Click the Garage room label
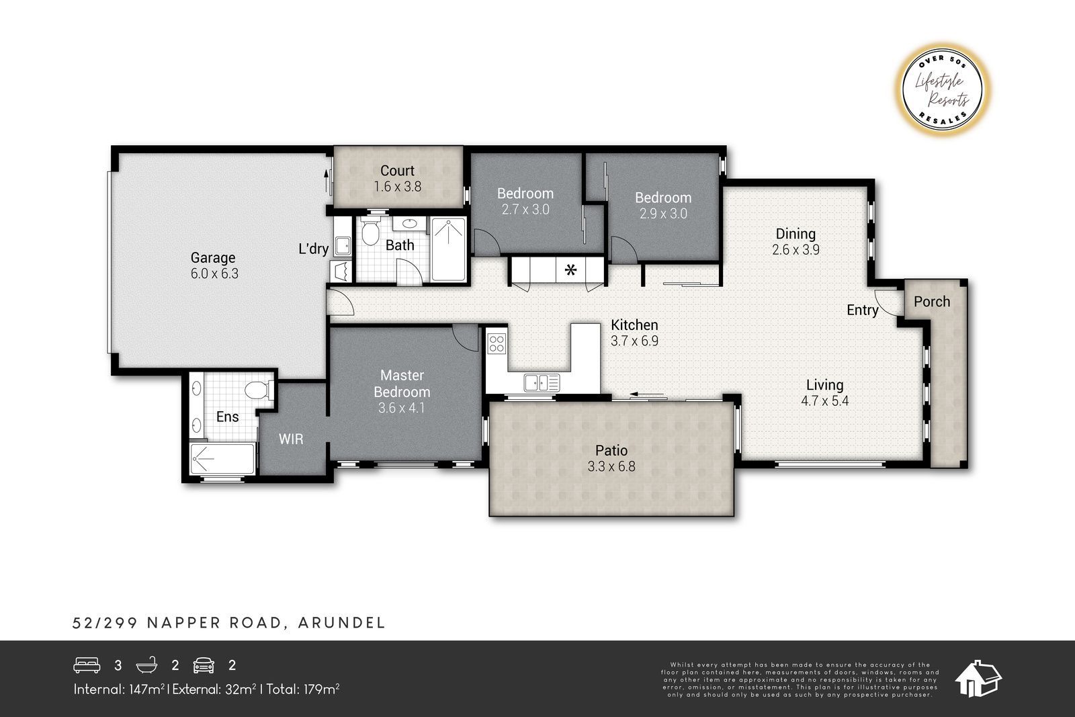click(213, 258)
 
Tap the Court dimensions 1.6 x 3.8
click(397, 186)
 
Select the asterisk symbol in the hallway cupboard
click(570, 270)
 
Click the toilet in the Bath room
click(370, 232)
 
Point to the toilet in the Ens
click(259, 389)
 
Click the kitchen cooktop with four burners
click(497, 343)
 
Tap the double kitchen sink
click(542, 383)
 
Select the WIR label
click(291, 439)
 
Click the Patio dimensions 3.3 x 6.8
click(611, 466)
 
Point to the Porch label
click(932, 302)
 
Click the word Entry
click(863, 310)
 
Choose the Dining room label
click(795, 234)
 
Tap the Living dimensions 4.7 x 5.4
click(825, 400)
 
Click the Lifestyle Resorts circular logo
click(943, 90)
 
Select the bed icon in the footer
click(87, 665)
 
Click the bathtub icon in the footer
click(147, 665)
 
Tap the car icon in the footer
click(204, 665)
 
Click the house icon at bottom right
click(978, 679)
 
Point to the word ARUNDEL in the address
click(342, 623)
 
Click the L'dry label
click(313, 249)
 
